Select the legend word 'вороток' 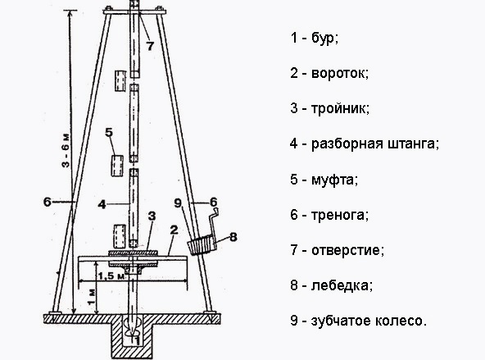pyautogui.click(x=339, y=74)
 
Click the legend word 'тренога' pyautogui.click(x=339, y=215)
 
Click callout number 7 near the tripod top pyautogui.click(x=150, y=46)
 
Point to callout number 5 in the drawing pyautogui.click(x=109, y=132)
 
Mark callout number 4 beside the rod pyautogui.click(x=102, y=204)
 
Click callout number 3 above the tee pyautogui.click(x=152, y=216)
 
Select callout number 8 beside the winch pyautogui.click(x=233, y=237)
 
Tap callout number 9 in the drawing pyautogui.click(x=178, y=203)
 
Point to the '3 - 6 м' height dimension pyautogui.click(x=66, y=150)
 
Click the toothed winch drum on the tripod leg pyautogui.click(x=201, y=245)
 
